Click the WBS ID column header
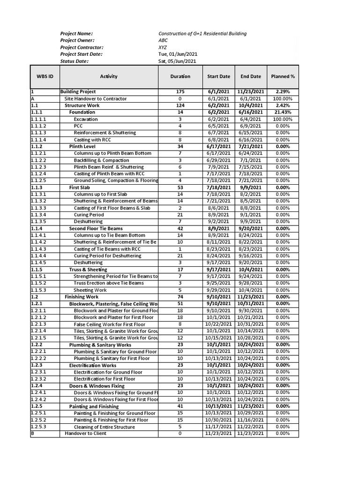coord(45,76)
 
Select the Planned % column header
coord(283,76)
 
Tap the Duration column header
coord(180,76)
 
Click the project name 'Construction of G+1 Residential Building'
coord(202,34)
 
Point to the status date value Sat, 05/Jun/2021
coord(177,61)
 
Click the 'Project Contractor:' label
coord(82,47)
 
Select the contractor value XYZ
coord(162,47)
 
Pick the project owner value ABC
coord(163,40)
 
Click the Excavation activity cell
coord(86,120)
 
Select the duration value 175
coord(180,92)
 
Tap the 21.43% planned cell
coord(283,112)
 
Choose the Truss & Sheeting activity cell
coord(88,270)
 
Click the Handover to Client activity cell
coord(85,434)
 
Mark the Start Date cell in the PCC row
coord(218,126)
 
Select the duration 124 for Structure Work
coord(180,106)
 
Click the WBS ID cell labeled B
coord(32,434)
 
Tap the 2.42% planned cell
coord(283,106)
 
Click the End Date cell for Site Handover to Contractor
coord(251,99)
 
